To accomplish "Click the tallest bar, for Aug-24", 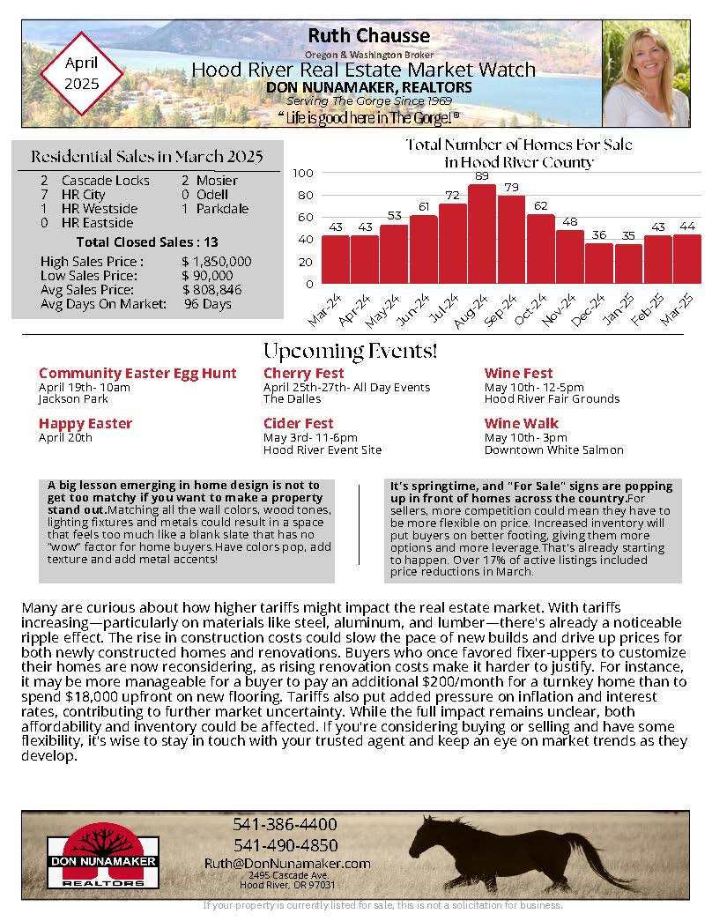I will [481, 234].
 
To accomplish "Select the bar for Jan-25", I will [628, 264].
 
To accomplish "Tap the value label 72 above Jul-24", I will [452, 195].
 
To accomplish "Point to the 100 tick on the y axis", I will [302, 174].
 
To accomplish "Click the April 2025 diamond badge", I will [82, 73].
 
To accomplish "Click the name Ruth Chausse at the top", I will [369, 36].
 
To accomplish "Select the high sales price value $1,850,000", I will [217, 262].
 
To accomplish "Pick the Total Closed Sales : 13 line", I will [147, 241].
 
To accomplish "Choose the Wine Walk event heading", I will [522, 423].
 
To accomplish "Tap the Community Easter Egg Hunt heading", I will [137, 374].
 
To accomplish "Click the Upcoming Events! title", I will [350, 351].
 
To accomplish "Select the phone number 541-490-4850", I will [285, 844].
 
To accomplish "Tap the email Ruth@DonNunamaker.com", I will [287, 863].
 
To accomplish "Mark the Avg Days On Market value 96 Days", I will [208, 304].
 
